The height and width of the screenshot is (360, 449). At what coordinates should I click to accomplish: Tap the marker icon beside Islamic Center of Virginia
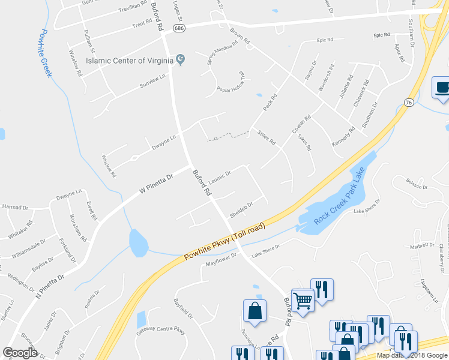point(180,60)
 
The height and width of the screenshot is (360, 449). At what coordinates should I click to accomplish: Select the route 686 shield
point(178,28)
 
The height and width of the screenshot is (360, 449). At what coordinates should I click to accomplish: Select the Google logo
point(20,352)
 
